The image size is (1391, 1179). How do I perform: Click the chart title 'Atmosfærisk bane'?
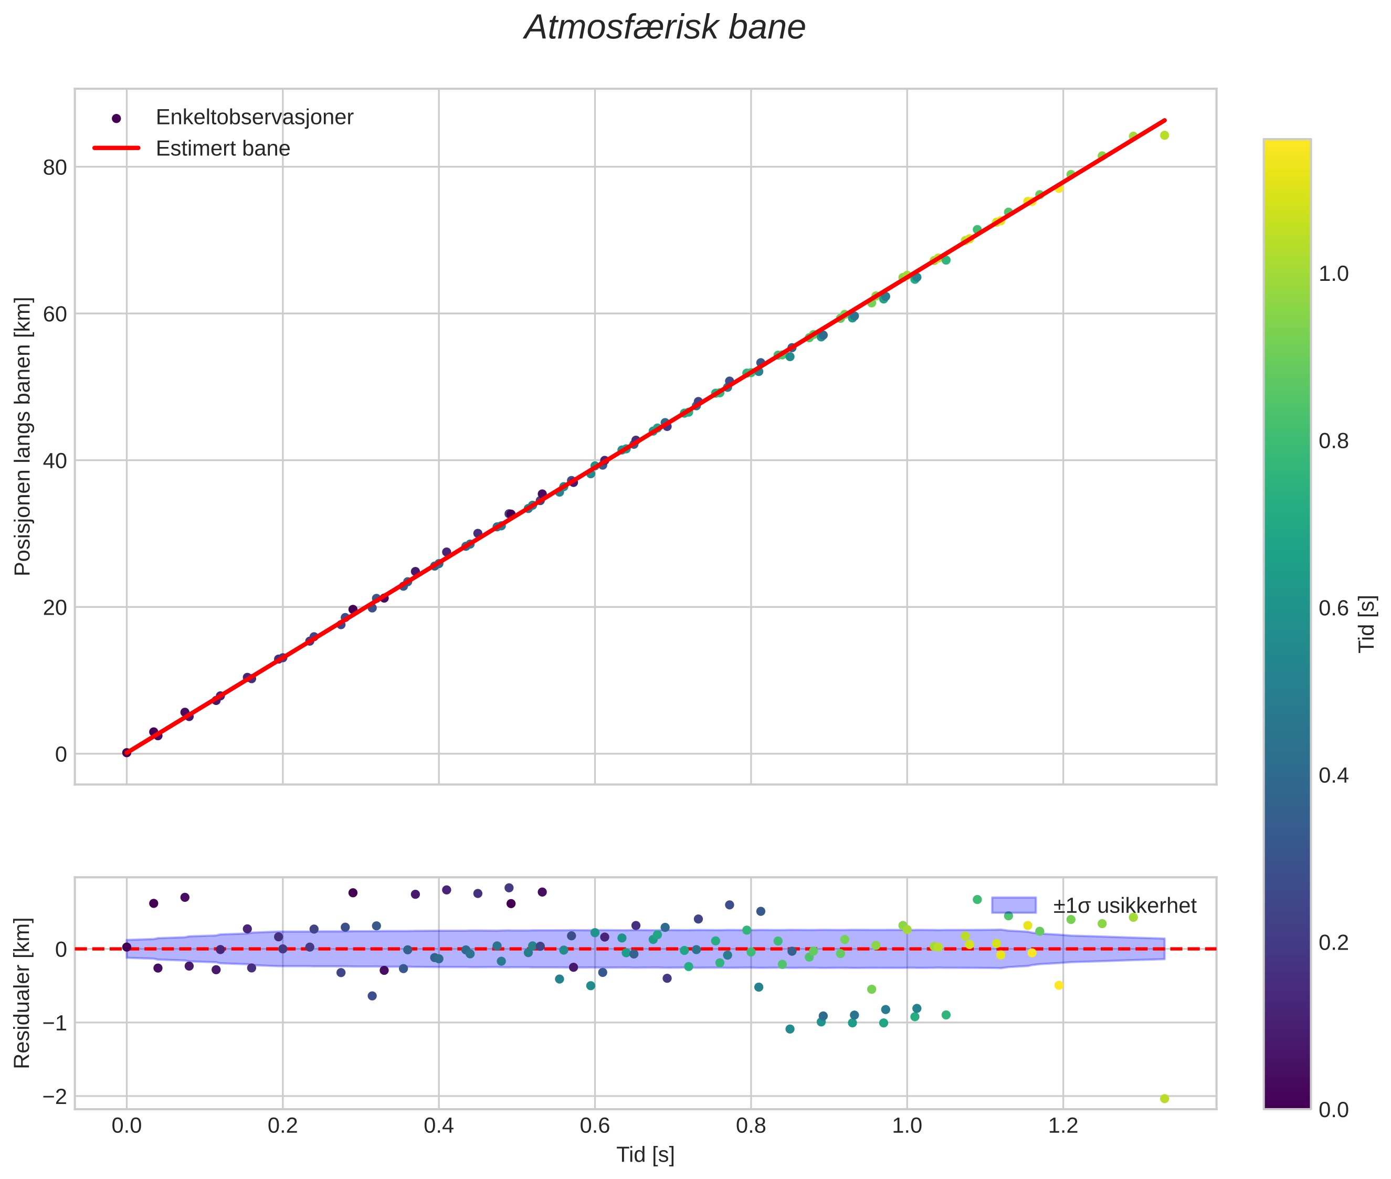tap(665, 28)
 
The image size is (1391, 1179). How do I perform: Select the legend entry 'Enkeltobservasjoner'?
tap(254, 117)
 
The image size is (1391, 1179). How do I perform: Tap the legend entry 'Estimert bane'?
tap(223, 149)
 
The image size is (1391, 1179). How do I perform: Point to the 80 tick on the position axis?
tap(55, 167)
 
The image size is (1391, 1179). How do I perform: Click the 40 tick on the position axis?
tap(55, 460)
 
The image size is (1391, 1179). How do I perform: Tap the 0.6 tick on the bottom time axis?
tap(594, 1125)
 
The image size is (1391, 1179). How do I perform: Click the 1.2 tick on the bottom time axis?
tap(1063, 1125)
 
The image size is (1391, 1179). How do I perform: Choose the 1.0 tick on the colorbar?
tap(1333, 274)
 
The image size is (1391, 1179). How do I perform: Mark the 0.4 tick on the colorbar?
tap(1333, 775)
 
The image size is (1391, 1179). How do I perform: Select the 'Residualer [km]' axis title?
tap(23, 993)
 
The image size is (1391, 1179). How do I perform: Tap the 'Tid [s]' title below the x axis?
tap(645, 1155)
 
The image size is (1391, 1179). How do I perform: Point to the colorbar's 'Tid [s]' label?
tap(1367, 624)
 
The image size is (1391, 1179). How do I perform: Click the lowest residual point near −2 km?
tap(1164, 1099)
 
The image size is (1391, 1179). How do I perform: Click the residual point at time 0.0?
tap(127, 947)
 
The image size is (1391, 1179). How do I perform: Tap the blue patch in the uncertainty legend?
tap(1014, 905)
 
